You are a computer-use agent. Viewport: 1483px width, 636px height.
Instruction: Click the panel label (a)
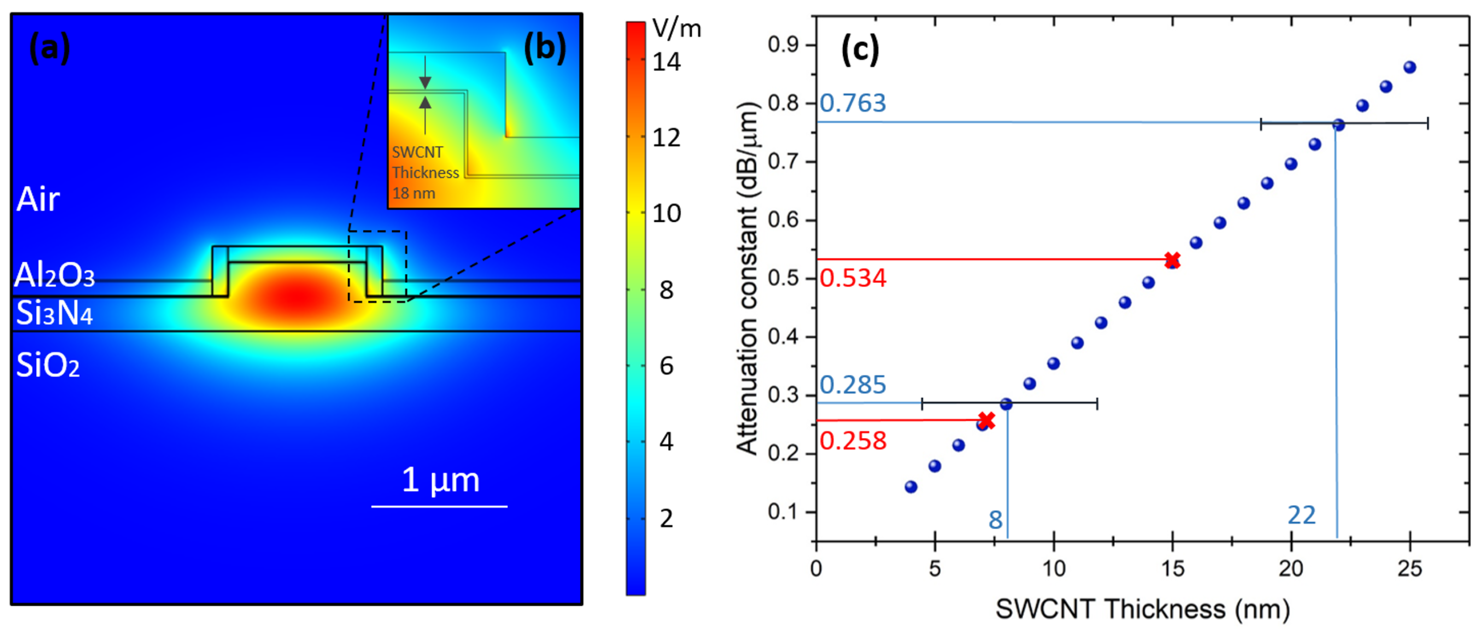click(x=49, y=48)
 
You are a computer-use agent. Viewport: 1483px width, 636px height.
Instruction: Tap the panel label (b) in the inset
click(x=544, y=48)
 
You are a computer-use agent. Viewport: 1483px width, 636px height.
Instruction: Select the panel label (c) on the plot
click(x=860, y=49)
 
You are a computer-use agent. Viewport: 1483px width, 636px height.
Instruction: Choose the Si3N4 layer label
click(x=54, y=314)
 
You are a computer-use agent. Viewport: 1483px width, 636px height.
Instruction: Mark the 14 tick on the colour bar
click(x=666, y=62)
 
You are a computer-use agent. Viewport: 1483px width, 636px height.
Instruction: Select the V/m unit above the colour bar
click(x=676, y=28)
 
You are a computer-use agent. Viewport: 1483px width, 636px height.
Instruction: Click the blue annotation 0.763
click(x=853, y=103)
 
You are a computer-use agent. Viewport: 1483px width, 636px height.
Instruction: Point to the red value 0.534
click(x=853, y=278)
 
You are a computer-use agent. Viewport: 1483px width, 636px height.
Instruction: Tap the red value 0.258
click(x=853, y=441)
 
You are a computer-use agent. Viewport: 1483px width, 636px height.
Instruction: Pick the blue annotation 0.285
click(x=853, y=385)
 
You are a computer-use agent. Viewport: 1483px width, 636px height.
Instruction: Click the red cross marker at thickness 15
click(x=1172, y=260)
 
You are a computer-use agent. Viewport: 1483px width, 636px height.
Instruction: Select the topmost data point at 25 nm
click(x=1410, y=67)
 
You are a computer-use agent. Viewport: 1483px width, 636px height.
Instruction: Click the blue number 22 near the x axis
click(x=1301, y=515)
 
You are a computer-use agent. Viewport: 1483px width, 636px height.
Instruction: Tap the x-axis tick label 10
click(x=1054, y=569)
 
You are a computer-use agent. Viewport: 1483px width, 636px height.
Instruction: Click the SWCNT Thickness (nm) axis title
click(x=1142, y=609)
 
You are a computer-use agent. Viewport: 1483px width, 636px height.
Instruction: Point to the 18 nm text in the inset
click(x=413, y=193)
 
